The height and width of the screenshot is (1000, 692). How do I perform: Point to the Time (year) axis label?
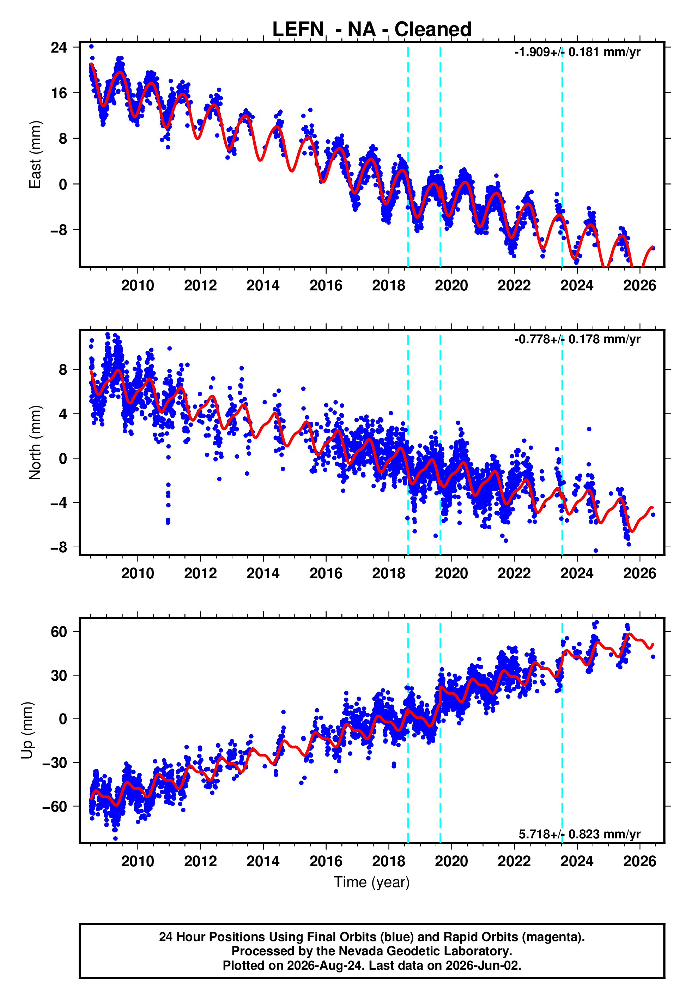tap(372, 882)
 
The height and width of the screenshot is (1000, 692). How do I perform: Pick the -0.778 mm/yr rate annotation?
tap(577, 339)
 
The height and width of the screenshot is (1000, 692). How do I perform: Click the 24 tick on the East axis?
tap(59, 47)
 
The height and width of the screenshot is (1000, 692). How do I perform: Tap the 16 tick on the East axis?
tap(59, 93)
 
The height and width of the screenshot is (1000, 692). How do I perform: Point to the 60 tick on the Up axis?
tap(59, 632)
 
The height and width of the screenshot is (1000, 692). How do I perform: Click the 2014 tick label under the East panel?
tap(263, 285)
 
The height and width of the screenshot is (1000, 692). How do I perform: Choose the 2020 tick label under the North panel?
tap(451, 573)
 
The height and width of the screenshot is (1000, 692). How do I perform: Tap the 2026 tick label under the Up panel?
tap(639, 861)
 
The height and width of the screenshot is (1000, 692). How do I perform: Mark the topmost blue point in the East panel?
tap(91, 46)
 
